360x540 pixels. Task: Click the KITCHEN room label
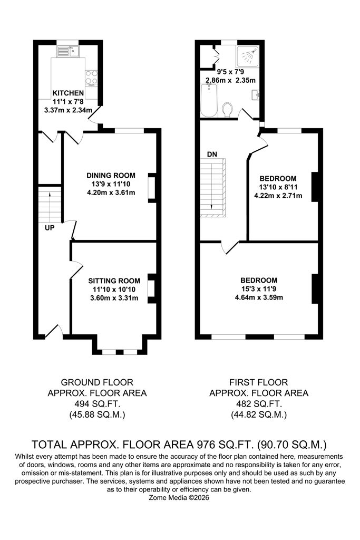(x=68, y=93)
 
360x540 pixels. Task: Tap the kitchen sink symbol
(x=68, y=51)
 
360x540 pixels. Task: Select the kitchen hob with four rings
(x=91, y=78)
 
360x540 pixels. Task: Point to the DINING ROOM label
(x=111, y=175)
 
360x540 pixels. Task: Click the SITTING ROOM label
(x=114, y=281)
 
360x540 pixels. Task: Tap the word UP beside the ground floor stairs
(x=50, y=228)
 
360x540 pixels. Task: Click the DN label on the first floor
(x=212, y=155)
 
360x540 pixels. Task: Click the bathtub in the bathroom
(x=209, y=100)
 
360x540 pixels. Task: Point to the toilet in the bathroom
(x=227, y=110)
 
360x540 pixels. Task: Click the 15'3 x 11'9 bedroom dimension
(x=259, y=289)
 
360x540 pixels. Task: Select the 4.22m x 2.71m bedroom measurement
(x=278, y=196)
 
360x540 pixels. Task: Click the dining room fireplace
(x=152, y=187)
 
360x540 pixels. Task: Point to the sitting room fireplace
(x=152, y=288)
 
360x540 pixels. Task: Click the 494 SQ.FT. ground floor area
(x=97, y=404)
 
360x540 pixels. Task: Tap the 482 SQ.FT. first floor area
(x=259, y=404)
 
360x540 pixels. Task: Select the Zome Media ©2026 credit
(x=179, y=498)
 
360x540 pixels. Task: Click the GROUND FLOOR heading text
(x=97, y=382)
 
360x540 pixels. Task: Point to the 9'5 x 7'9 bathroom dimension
(x=230, y=72)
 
